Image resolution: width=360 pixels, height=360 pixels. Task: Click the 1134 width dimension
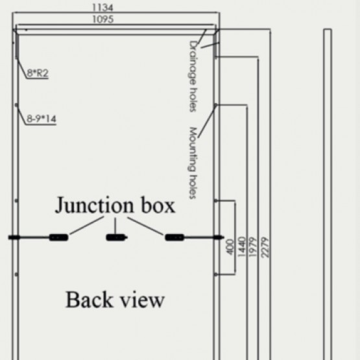[x=102, y=8]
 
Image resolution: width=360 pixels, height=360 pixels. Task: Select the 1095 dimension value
[x=103, y=19]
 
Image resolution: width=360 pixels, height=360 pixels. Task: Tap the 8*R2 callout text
[x=38, y=73]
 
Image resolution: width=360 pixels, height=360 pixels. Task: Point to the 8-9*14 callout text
[x=42, y=119]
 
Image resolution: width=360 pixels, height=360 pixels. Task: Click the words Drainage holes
[x=193, y=77]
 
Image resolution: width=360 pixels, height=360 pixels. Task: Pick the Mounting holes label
[x=193, y=163]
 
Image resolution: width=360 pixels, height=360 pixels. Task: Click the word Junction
[x=94, y=205]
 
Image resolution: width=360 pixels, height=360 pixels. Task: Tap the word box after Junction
[x=158, y=204]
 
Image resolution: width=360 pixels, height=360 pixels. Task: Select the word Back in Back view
[x=90, y=300]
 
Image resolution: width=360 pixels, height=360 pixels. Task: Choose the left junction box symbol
[x=59, y=237]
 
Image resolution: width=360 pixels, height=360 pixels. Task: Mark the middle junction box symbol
[x=117, y=237]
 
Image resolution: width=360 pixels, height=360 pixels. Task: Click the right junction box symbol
[x=174, y=237]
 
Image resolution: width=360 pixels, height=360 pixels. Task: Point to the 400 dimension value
[x=230, y=247]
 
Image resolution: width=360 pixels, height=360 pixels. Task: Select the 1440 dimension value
[x=241, y=247]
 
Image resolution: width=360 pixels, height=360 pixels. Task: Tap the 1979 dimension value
[x=252, y=247]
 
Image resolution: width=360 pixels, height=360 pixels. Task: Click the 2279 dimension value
[x=265, y=247]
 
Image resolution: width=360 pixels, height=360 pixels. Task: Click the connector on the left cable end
[x=14, y=237]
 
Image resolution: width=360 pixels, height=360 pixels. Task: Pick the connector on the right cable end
[x=218, y=237]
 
